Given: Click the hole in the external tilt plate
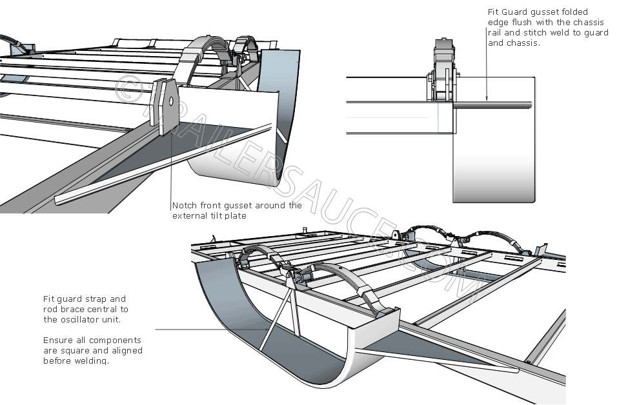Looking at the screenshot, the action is [171, 101].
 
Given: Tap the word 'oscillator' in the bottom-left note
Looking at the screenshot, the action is [80, 320].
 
